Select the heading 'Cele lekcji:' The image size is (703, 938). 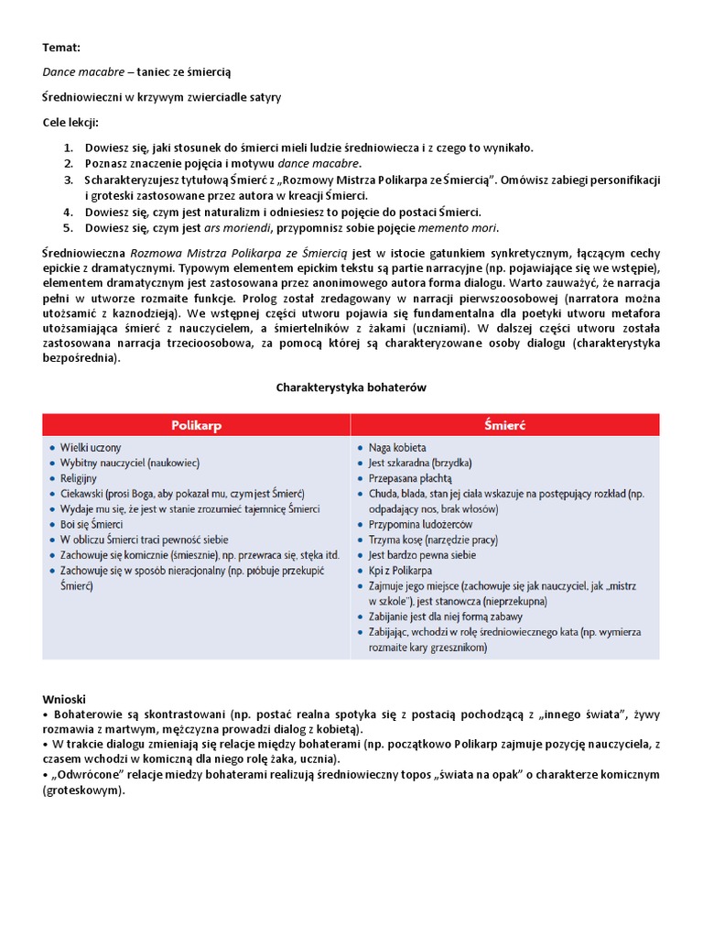[x=70, y=123]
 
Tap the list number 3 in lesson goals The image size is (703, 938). [x=69, y=180]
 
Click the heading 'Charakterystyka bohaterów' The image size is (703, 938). [x=351, y=387]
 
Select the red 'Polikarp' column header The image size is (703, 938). [x=197, y=425]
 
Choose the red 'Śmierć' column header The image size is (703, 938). [x=503, y=425]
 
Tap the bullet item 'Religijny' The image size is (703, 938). [x=81, y=478]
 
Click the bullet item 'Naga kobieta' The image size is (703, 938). [x=397, y=448]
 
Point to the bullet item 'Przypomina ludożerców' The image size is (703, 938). [x=420, y=524]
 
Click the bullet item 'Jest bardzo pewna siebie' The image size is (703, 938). [x=422, y=554]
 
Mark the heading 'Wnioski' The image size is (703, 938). [x=63, y=699]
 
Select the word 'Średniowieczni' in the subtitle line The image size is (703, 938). [x=84, y=96]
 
